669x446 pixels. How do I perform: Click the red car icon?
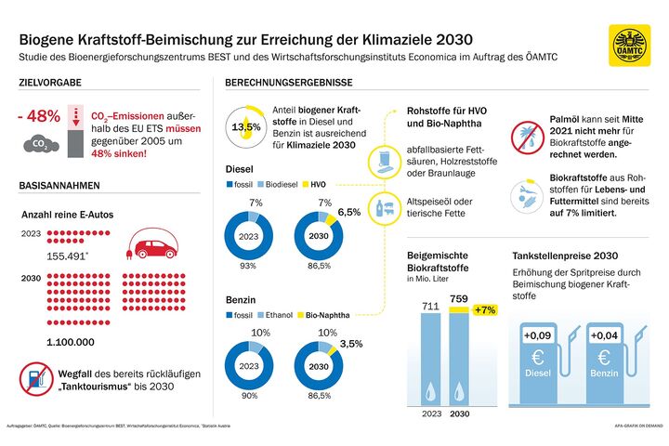pyautogui.click(x=154, y=245)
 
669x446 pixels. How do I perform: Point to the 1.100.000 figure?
pyautogui.click(x=64, y=342)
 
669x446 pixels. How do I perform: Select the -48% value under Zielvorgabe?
pyautogui.click(x=40, y=117)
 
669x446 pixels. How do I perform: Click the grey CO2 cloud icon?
pyautogui.click(x=41, y=144)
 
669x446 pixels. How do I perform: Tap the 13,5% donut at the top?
pyautogui.click(x=245, y=125)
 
